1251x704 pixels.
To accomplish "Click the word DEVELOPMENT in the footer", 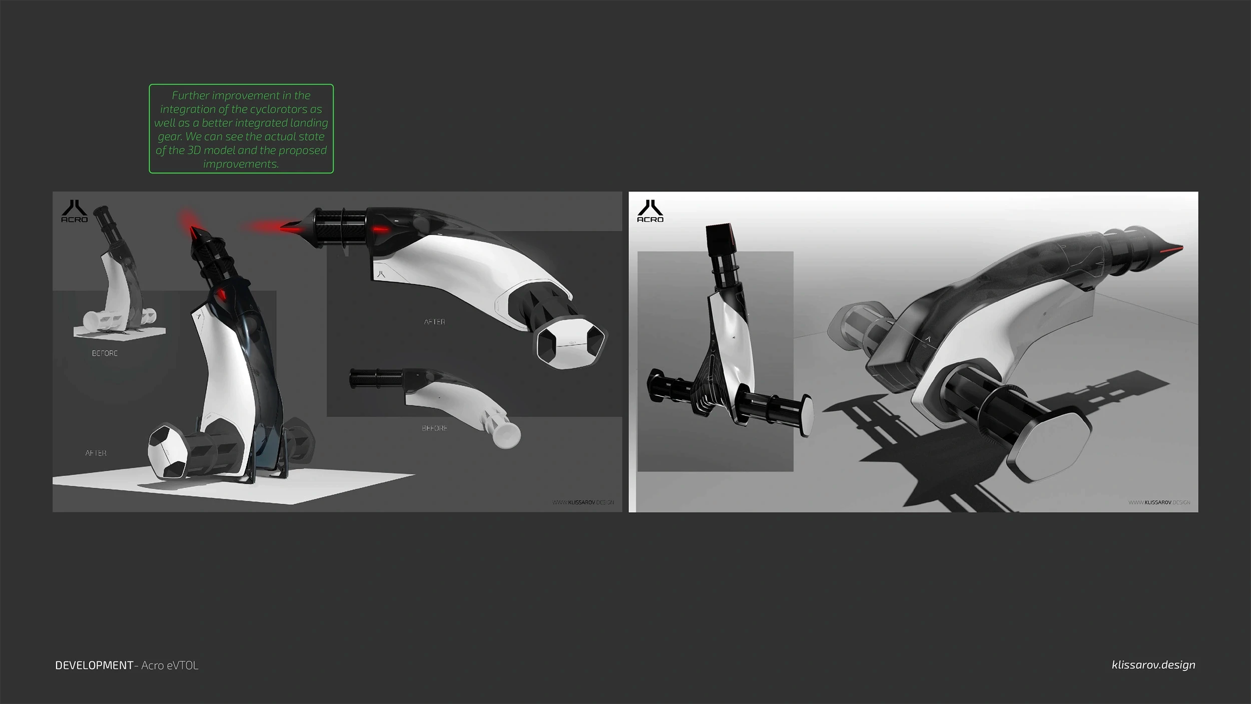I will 94,665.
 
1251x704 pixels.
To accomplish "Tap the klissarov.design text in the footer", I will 1153,665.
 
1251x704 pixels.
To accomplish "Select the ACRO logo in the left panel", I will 75,211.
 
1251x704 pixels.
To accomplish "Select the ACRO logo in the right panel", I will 650,211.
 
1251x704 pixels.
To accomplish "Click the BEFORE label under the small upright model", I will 105,354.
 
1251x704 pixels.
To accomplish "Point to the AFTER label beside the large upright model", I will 96,453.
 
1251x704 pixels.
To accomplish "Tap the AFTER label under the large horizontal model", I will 434,322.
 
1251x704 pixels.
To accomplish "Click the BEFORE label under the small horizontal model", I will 434,428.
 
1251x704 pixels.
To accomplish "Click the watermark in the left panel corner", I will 583,502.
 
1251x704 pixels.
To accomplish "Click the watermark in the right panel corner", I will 1159,502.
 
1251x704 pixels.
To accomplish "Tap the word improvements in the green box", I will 241,164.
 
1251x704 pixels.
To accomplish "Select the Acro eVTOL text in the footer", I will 170,665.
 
